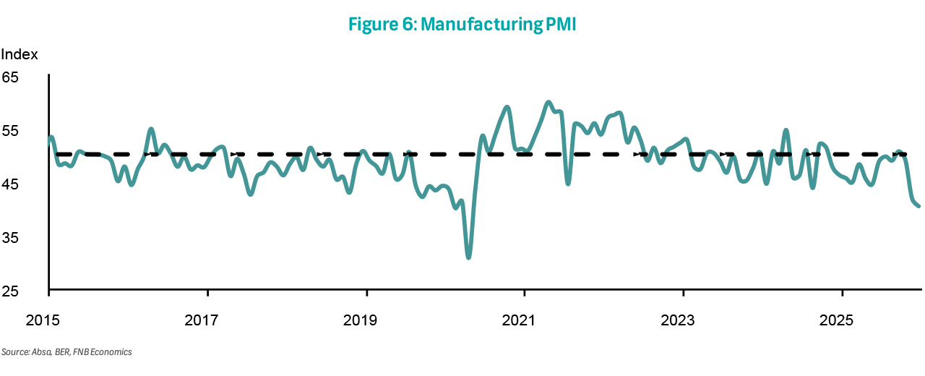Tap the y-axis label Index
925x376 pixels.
pos(20,54)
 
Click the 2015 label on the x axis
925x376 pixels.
pos(48,319)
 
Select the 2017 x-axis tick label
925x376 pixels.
pos(207,319)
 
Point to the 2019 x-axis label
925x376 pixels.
pos(366,319)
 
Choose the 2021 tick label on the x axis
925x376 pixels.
pos(525,319)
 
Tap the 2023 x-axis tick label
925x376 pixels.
pos(684,319)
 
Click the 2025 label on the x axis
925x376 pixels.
pos(842,319)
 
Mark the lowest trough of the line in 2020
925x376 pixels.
pos(468,257)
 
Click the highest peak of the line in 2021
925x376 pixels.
pos(548,103)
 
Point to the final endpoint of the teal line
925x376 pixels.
pos(918,206)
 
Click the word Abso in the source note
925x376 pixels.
pos(38,352)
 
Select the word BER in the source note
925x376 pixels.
pos(59,352)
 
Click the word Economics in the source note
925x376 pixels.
pos(111,352)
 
